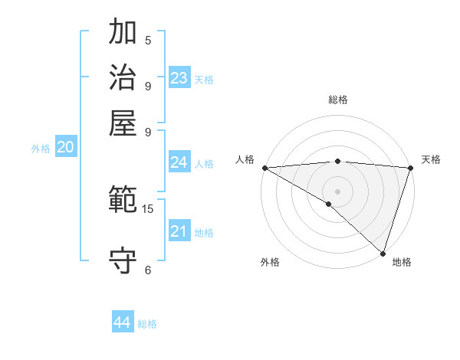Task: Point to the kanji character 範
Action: pos(123,201)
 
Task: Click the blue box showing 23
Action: pos(179,78)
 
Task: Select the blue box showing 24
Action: pos(179,162)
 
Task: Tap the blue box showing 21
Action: pos(179,231)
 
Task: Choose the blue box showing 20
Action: pos(66,148)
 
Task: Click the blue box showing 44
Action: pos(123,322)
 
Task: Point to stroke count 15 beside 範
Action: pos(148,208)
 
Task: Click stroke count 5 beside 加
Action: pos(148,40)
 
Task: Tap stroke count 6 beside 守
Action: pos(148,270)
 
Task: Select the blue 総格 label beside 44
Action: pos(147,324)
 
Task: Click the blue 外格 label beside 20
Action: pos(41,149)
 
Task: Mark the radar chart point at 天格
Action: pos(410,168)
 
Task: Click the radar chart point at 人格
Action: pos(264,168)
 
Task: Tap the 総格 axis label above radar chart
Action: pos(338,100)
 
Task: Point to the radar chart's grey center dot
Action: pos(337,191)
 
